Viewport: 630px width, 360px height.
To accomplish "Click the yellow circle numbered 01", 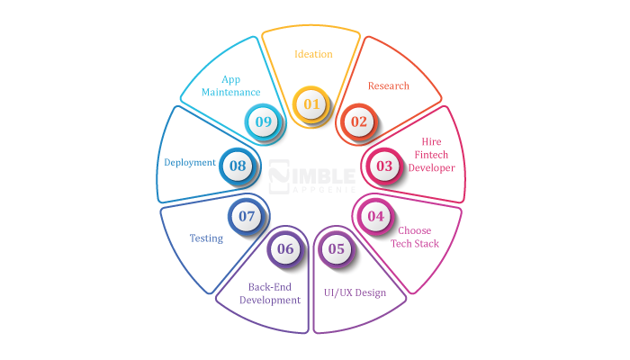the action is (311, 104).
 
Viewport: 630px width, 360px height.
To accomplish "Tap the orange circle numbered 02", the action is (359, 121).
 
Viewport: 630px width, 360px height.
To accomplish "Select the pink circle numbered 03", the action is (384, 166).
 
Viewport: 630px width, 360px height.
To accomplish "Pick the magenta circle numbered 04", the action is (375, 217).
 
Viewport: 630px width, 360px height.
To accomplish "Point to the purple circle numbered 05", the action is (337, 249).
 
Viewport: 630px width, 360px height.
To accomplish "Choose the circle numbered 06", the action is (285, 249).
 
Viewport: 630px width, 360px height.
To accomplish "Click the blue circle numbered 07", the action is (247, 217).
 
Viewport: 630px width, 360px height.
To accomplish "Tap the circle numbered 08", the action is (238, 166).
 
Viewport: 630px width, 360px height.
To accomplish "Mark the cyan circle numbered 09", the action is (263, 121).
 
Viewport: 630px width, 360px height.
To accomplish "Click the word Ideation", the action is (313, 54).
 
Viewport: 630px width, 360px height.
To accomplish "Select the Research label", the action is (389, 86).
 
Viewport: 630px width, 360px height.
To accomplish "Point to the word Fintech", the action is (431, 155).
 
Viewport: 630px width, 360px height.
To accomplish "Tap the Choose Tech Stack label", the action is (415, 237).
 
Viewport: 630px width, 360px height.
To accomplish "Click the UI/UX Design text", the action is (355, 292).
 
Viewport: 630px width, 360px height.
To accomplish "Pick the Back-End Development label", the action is (270, 293).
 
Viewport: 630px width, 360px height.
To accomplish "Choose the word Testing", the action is (206, 238).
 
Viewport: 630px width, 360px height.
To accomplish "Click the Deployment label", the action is (190, 163).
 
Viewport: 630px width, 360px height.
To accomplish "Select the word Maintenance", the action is (231, 93).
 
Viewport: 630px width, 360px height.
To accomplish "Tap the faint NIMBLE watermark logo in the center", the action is (311, 176).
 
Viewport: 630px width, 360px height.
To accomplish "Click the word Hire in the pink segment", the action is (431, 142).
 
